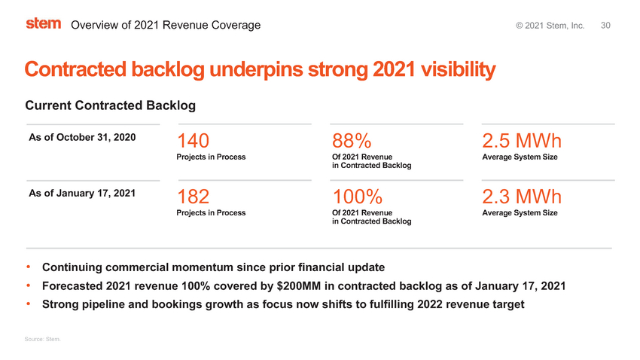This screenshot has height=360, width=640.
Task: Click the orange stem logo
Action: point(43,23)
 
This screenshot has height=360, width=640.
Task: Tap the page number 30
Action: point(605,26)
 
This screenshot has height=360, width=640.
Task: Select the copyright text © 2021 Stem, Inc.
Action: point(550,26)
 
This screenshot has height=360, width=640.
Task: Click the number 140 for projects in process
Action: point(193,141)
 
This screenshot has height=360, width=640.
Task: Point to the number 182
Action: point(193,197)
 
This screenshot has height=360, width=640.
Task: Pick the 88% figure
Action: point(352,141)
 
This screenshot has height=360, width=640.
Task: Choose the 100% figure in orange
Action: point(357,197)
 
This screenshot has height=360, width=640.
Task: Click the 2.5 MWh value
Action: point(522,141)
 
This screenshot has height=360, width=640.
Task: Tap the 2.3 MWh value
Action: point(522,197)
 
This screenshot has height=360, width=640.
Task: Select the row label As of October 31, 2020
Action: point(82,137)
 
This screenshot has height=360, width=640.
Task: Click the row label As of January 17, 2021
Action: point(82,193)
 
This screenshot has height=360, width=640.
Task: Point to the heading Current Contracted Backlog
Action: point(111,105)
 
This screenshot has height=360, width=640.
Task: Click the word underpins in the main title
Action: point(256,69)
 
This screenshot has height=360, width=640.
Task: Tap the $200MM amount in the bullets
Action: point(299,285)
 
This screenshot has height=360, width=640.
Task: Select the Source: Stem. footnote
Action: point(42,339)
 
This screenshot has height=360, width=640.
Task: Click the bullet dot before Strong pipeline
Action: point(29,304)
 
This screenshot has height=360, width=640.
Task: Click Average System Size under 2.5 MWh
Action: point(520,157)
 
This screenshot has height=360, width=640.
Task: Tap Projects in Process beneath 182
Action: point(211,212)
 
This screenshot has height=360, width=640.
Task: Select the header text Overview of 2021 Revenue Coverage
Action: point(166,25)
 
